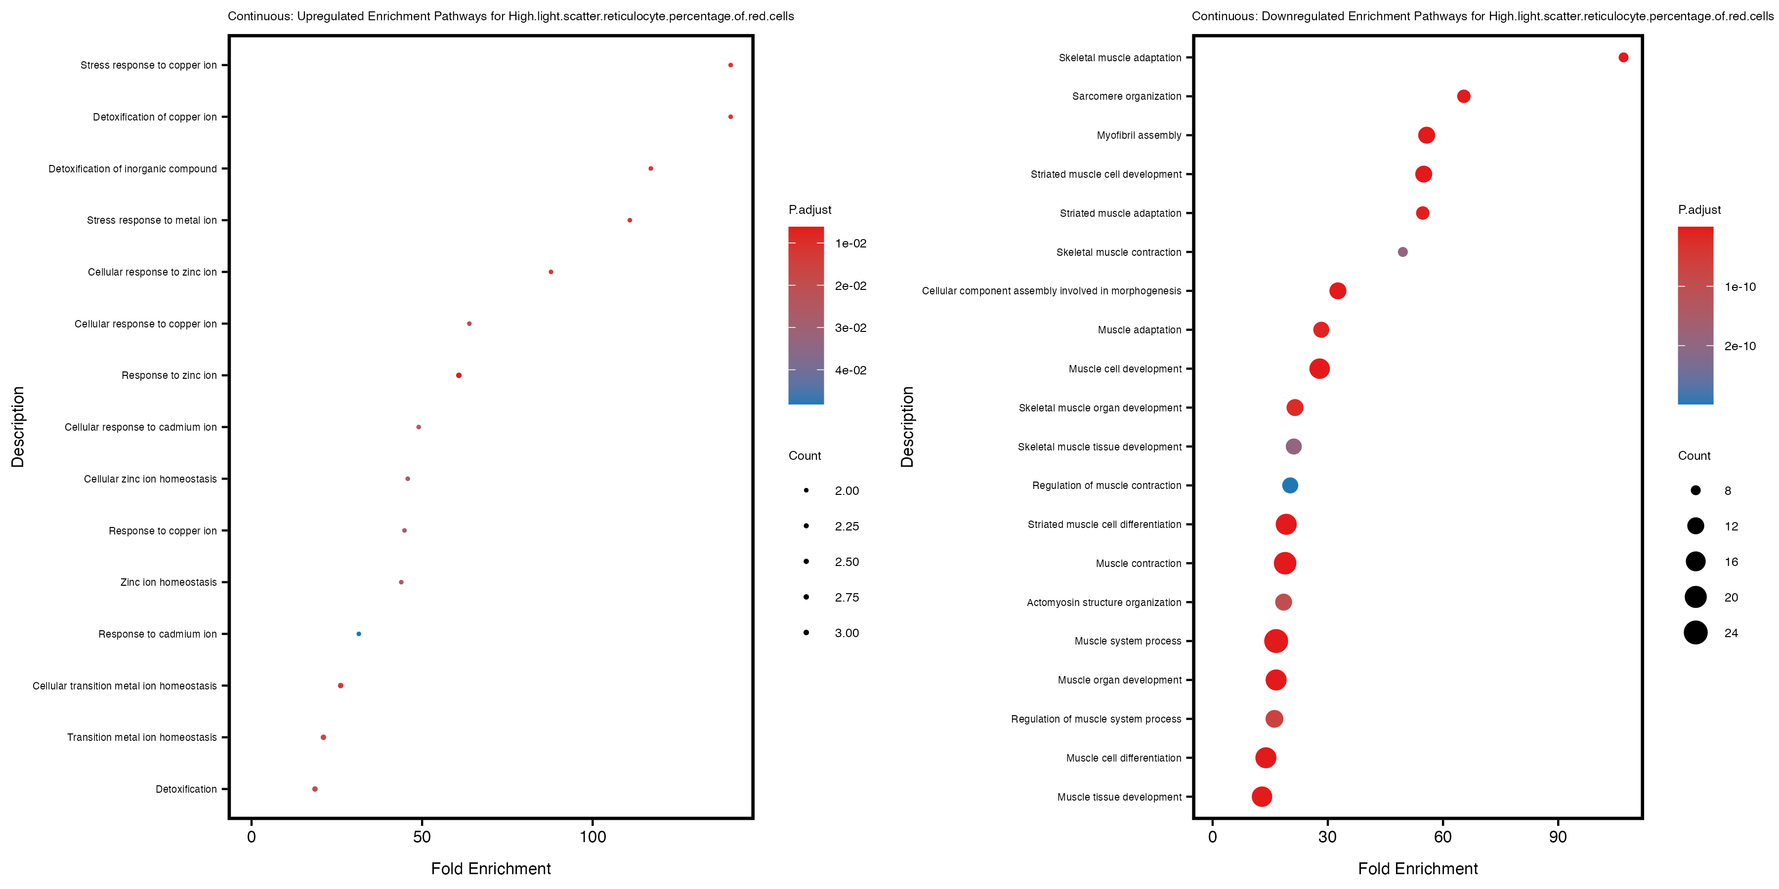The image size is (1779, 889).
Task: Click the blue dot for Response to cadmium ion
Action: (358, 634)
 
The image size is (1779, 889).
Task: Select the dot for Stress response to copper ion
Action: (730, 65)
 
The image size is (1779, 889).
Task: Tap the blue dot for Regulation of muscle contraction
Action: (1289, 485)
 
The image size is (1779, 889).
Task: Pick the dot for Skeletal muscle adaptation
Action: (1623, 57)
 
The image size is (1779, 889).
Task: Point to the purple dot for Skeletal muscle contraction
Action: (1402, 252)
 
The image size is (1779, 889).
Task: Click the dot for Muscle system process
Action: (1275, 641)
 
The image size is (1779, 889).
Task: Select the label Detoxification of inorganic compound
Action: (132, 168)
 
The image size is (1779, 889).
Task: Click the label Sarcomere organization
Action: (1126, 96)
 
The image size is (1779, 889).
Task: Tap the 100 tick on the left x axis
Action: (593, 837)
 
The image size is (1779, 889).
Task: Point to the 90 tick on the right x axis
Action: (1557, 837)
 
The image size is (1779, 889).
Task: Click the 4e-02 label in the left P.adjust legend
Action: (850, 370)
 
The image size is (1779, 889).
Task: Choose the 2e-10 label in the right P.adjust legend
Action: (1739, 346)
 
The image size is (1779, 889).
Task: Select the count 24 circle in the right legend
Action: (1695, 632)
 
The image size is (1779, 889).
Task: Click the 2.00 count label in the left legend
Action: (847, 491)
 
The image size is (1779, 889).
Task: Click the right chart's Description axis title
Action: (907, 427)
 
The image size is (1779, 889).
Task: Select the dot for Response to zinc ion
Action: (459, 375)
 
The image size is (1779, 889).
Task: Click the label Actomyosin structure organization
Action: (1103, 603)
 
